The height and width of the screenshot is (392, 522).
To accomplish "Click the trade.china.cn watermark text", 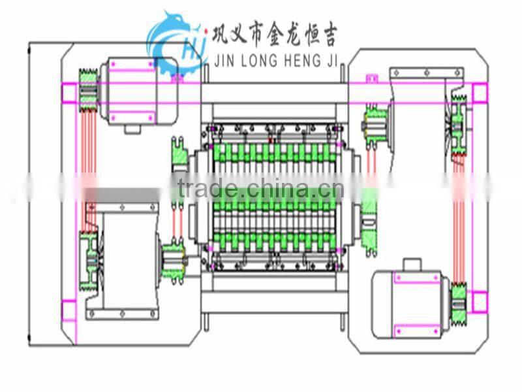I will pyautogui.click(x=261, y=189).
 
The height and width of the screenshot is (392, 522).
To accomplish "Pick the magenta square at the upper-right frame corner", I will pyautogui.click(x=479, y=93).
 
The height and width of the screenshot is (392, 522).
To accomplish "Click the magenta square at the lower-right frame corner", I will pyautogui.click(x=480, y=302).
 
